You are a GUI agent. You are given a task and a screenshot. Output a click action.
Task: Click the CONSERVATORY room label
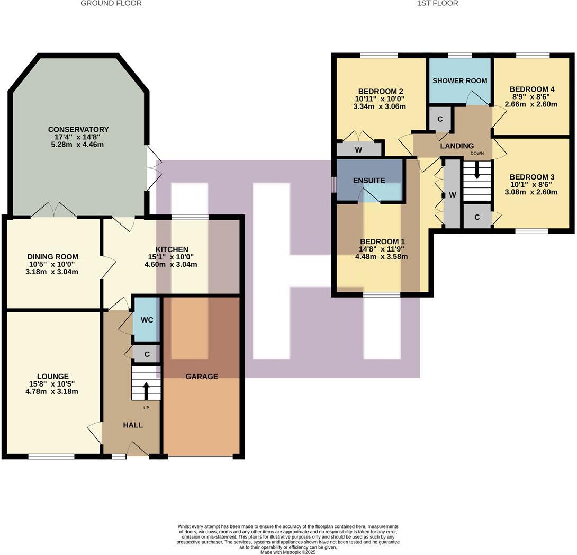click(x=78, y=129)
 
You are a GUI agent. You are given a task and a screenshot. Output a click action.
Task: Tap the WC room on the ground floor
click(x=146, y=320)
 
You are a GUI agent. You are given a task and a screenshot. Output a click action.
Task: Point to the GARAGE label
click(x=202, y=377)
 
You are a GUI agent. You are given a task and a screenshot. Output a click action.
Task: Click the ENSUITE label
click(x=369, y=181)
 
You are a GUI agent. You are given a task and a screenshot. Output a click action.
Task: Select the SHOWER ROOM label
click(x=460, y=81)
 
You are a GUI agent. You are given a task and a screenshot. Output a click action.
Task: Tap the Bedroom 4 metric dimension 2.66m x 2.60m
click(x=532, y=104)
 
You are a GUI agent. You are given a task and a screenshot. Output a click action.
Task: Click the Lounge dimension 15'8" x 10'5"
click(x=52, y=384)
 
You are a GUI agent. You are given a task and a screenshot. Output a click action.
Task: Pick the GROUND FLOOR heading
click(x=111, y=3)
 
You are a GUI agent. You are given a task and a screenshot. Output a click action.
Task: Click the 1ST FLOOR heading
click(x=437, y=3)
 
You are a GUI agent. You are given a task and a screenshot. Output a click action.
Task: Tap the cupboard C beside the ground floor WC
click(x=147, y=354)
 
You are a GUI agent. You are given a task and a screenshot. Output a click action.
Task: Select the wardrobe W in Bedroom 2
click(x=358, y=150)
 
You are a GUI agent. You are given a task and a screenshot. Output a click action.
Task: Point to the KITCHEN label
click(x=172, y=249)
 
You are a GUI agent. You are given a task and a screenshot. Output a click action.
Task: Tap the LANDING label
click(x=457, y=146)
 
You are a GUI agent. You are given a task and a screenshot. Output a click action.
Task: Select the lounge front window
click(x=51, y=456)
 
